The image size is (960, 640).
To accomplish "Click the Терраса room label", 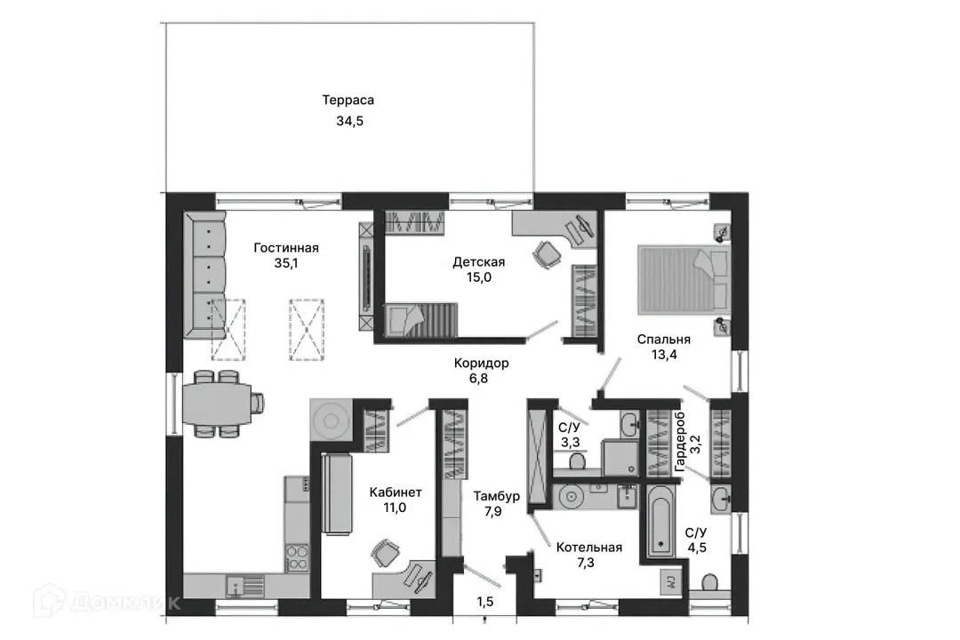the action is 348,100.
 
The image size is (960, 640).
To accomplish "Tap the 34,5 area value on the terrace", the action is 349,121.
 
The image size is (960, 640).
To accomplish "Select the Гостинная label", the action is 286,248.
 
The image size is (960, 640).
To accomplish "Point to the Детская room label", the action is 479,262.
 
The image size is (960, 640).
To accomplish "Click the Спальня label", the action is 664,340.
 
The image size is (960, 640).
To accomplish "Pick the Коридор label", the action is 481,364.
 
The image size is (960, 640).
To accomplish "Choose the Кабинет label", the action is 396,492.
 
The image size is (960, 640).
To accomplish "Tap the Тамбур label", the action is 496,496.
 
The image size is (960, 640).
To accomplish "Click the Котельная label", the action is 589,548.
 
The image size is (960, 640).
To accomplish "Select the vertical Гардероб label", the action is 680,442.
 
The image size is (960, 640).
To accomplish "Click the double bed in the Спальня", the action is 684,279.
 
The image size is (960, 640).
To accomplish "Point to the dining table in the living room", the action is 217,404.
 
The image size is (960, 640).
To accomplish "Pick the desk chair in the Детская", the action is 547,253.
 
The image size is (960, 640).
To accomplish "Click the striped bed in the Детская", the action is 420,320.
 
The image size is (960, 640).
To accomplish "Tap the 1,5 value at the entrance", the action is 485,602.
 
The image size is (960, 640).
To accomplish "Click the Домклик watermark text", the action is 125,604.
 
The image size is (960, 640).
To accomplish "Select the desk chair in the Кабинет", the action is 385,553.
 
